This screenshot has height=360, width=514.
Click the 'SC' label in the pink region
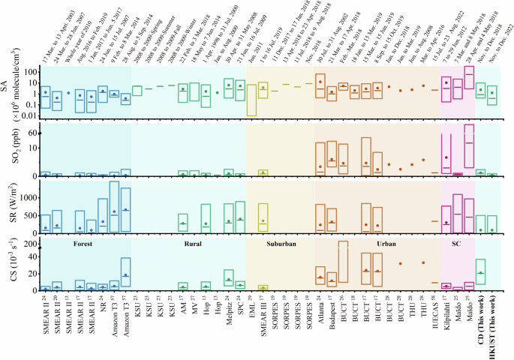457,244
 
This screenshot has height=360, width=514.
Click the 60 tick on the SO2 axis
32,133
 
